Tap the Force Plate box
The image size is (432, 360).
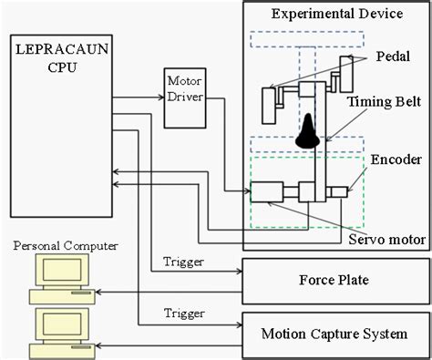pyautogui.click(x=334, y=280)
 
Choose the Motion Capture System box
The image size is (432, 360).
pyautogui.click(x=334, y=334)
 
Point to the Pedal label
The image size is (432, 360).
pyautogui.click(x=395, y=57)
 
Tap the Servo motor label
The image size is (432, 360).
pyautogui.click(x=387, y=240)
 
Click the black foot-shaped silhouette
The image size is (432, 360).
pyautogui.click(x=308, y=130)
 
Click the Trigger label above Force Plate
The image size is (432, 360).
pyautogui.click(x=183, y=262)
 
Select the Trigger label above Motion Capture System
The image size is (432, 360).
pyautogui.click(x=183, y=313)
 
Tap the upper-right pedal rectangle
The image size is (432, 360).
pyautogui.click(x=345, y=73)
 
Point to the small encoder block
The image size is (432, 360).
pyautogui.click(x=339, y=192)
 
